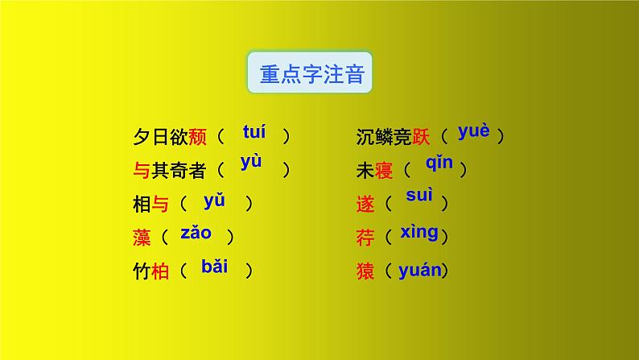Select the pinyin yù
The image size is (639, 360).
coord(251,162)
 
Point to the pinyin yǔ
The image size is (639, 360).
coord(215,201)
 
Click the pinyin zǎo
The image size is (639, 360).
coord(196,233)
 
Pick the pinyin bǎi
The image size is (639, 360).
coord(215,267)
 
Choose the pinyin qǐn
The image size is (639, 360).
coord(439,164)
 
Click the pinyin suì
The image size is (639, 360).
coord(419,197)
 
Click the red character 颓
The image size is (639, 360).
coord(197,137)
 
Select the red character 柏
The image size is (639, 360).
coord(160,271)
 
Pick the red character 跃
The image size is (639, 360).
coord(421,137)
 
